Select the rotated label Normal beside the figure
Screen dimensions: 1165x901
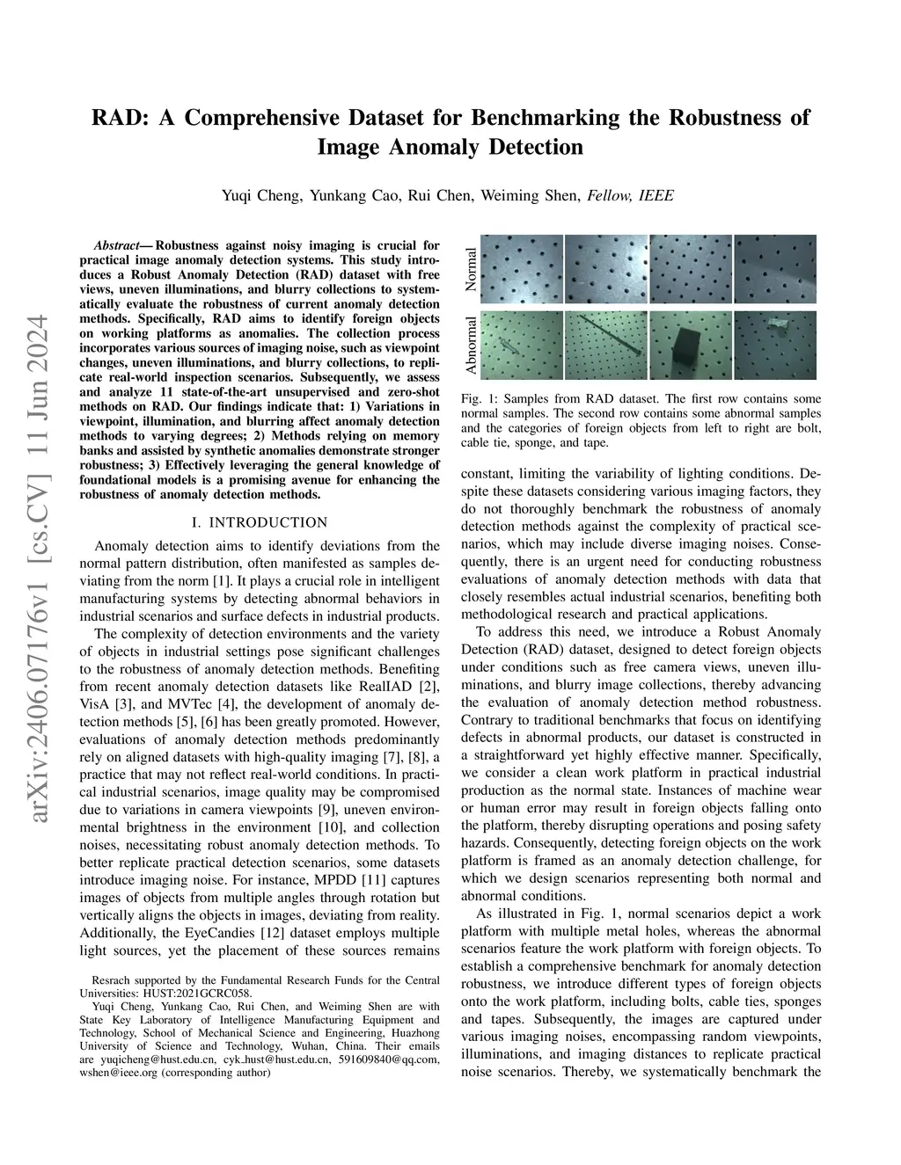tap(472, 270)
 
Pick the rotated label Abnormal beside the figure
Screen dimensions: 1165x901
tap(472, 345)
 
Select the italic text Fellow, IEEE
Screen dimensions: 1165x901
tap(630, 195)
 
